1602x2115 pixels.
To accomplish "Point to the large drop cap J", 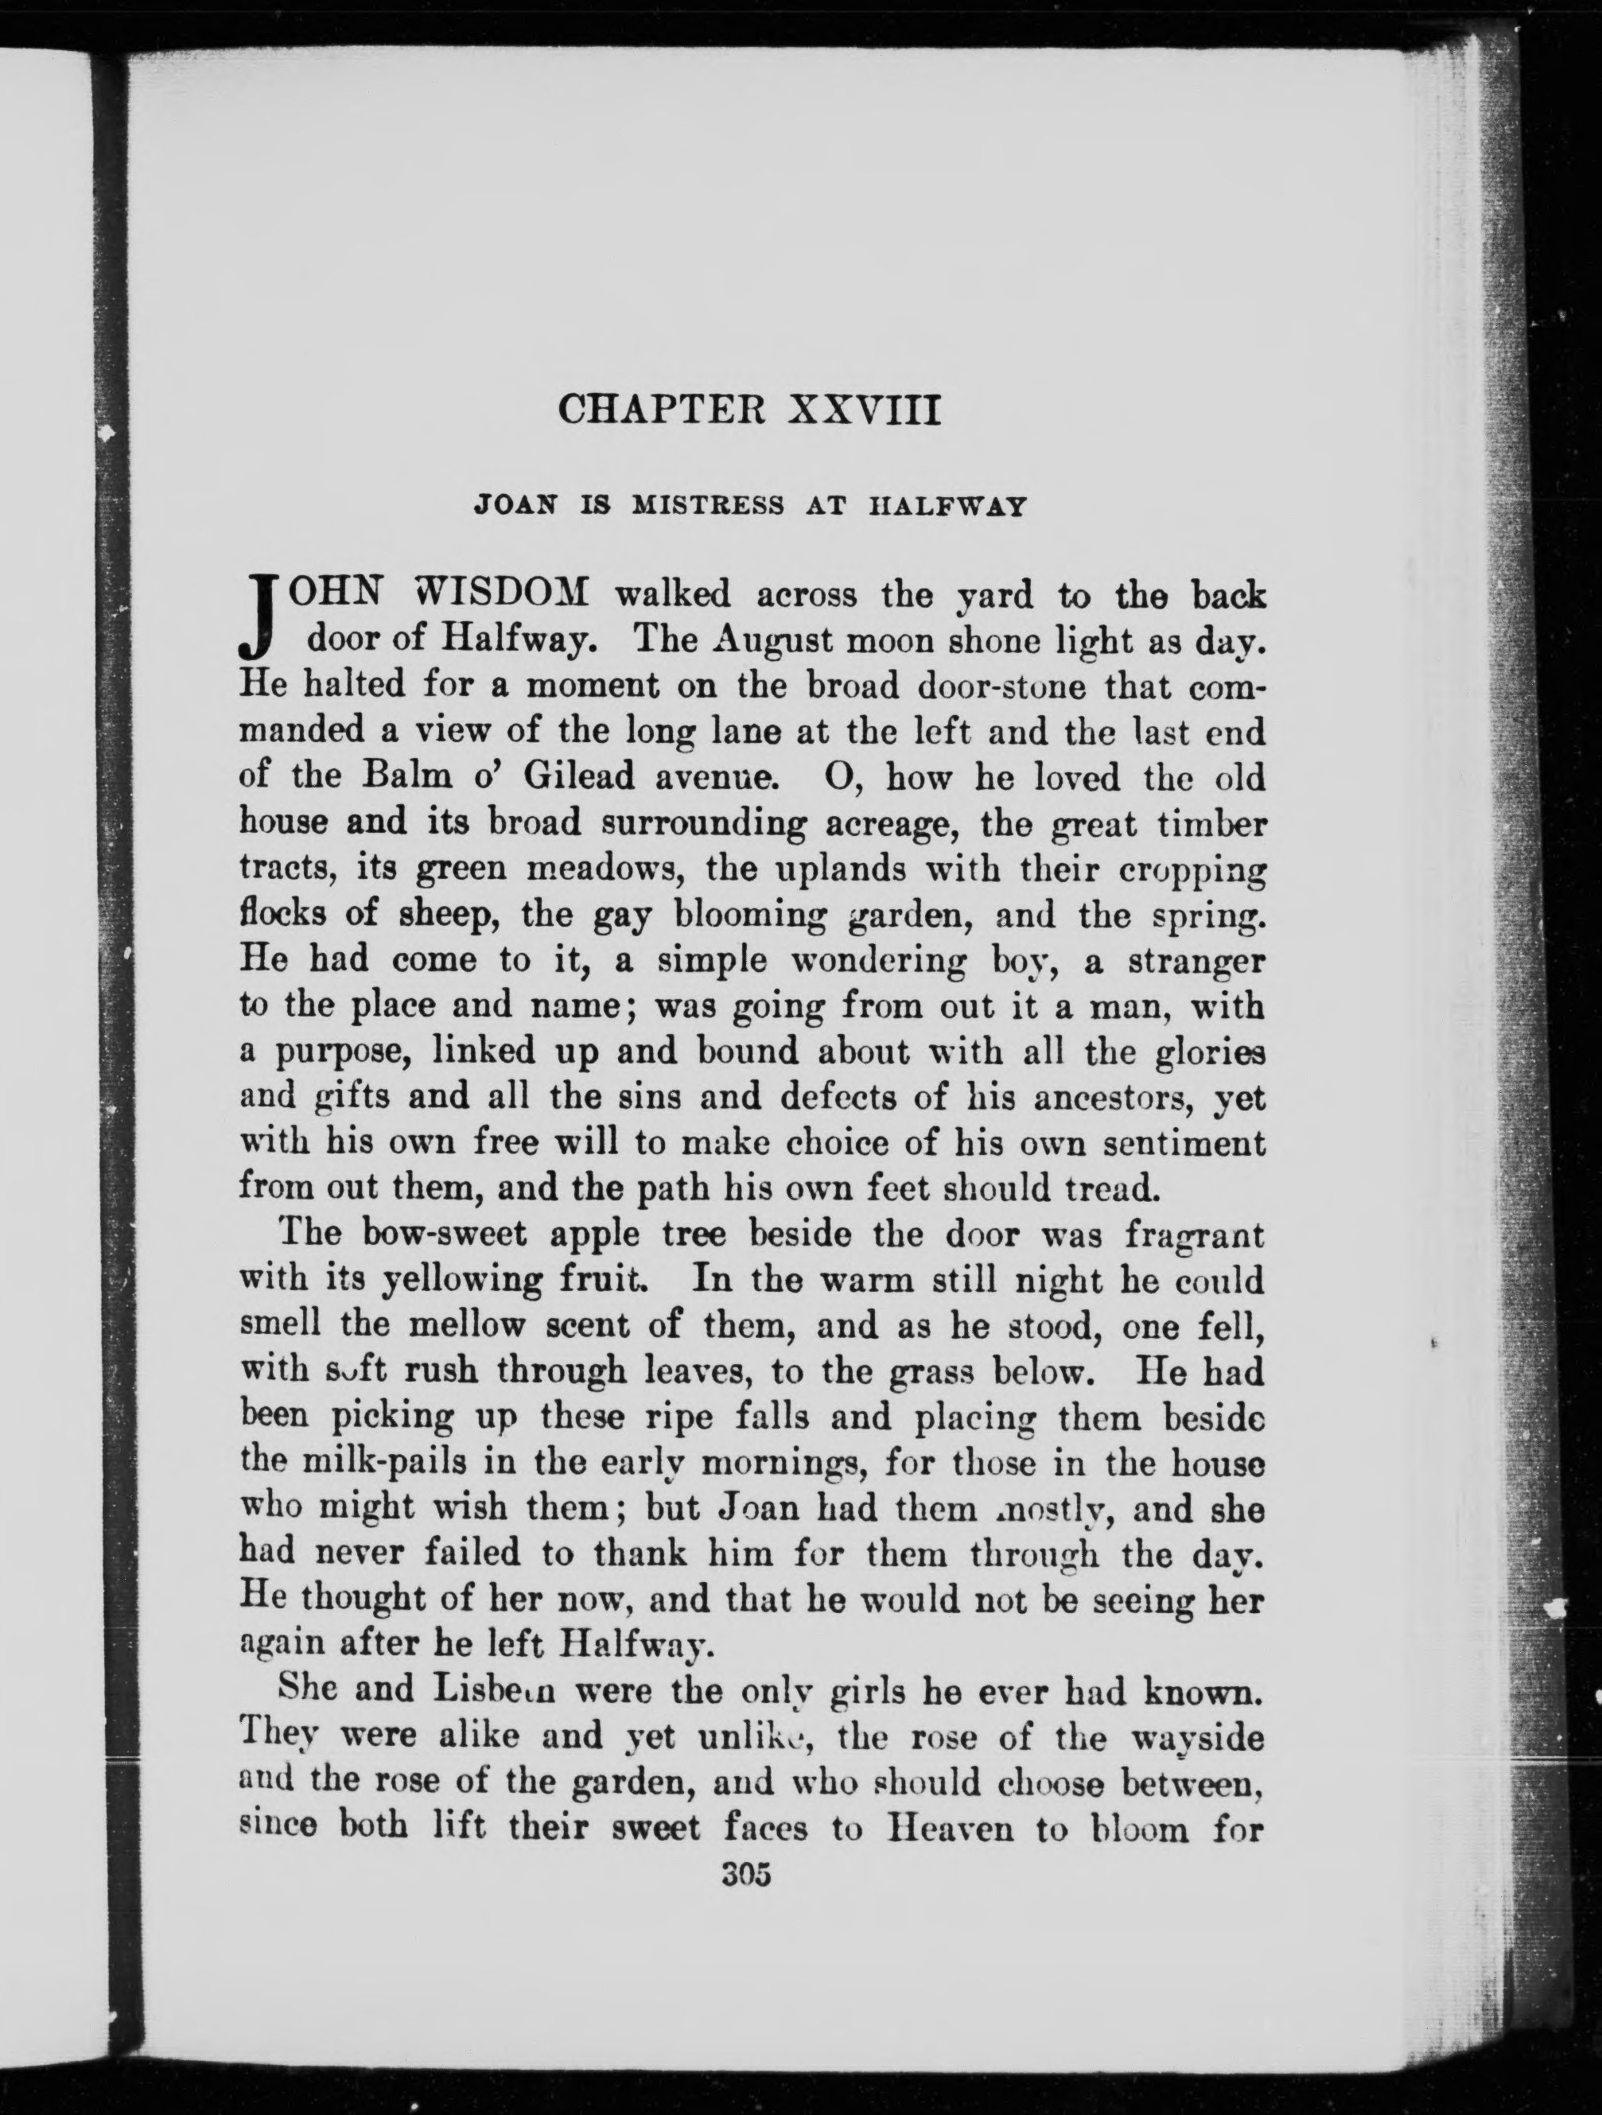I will (260, 619).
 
